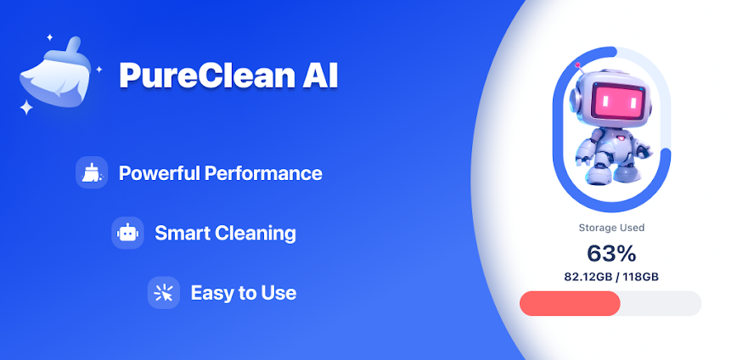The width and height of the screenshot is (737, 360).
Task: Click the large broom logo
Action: click(x=54, y=73)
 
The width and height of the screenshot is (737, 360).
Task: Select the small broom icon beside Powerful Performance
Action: click(x=92, y=172)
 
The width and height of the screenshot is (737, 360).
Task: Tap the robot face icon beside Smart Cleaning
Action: click(x=127, y=233)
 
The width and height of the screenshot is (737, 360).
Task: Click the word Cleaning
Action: click(x=256, y=233)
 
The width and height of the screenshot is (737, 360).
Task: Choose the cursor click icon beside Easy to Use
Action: click(x=164, y=293)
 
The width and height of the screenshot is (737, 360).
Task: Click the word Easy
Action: click(x=212, y=293)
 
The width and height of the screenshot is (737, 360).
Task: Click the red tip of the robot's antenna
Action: click(x=577, y=65)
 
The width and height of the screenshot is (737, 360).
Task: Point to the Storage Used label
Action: click(x=611, y=228)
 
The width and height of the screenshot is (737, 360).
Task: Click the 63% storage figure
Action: click(x=611, y=254)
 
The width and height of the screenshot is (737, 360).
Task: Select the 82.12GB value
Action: click(x=588, y=278)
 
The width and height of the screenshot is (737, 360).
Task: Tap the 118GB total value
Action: click(x=641, y=278)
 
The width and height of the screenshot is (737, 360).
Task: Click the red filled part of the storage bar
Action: click(x=570, y=303)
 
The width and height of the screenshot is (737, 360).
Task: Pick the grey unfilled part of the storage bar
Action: click(x=661, y=303)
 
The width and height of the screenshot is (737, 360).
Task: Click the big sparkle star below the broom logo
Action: click(x=27, y=108)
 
